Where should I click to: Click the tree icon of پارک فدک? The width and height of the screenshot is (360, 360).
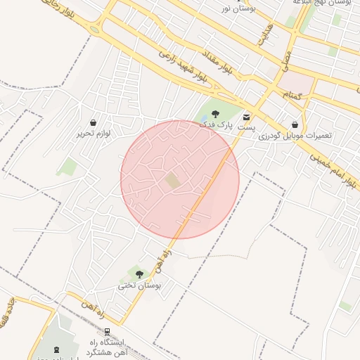215,114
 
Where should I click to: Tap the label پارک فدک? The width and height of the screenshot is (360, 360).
214,124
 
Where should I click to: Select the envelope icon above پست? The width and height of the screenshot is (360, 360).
246,117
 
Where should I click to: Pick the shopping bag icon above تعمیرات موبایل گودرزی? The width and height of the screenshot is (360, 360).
295,124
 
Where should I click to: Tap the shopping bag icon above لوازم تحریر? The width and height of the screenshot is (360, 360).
94,122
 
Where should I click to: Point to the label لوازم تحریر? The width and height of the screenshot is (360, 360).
94,133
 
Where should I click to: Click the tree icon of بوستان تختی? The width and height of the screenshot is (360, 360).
139,274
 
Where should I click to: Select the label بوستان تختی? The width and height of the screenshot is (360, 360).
139,285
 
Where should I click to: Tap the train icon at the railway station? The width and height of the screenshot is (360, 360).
108,331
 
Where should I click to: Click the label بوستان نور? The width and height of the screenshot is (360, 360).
239,7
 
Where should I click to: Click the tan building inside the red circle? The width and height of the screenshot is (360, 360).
173,181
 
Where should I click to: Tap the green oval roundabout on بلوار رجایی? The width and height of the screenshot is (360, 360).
95,30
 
